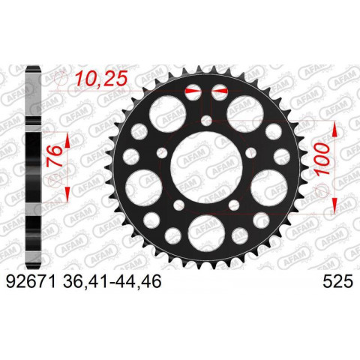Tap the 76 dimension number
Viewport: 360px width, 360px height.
[x=54, y=160]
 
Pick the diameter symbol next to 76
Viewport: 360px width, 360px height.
[x=53, y=181]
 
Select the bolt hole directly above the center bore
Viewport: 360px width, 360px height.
[x=206, y=120]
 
